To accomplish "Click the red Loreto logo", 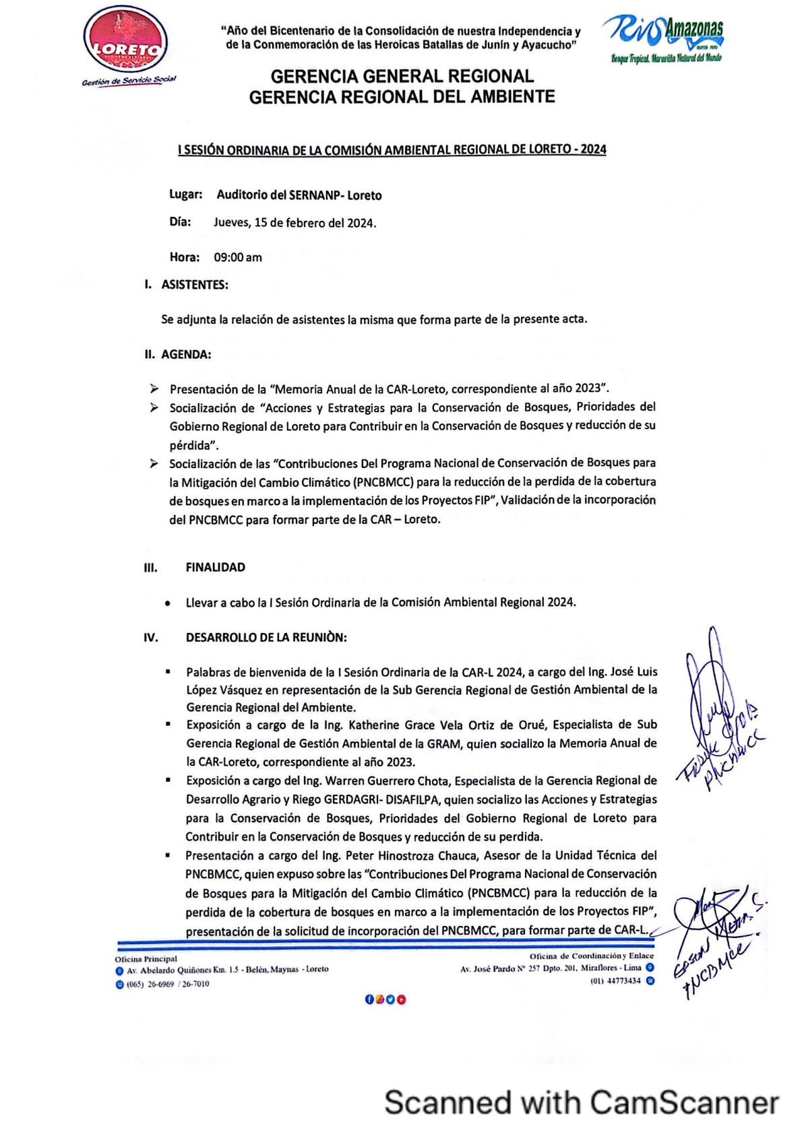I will point(126,44).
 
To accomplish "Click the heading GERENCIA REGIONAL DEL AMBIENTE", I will point(402,97).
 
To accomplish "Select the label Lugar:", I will point(186,195).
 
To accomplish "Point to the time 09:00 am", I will point(238,257).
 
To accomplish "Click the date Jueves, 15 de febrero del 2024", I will point(295,223).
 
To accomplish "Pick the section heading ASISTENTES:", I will point(195,285).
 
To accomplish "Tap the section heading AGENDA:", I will point(186,354).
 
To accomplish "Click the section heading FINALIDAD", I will point(216,567).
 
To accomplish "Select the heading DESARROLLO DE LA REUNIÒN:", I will point(266,637).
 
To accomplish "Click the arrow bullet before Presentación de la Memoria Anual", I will point(154,389).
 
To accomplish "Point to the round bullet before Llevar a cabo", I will point(167,603).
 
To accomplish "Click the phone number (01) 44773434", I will point(615,981).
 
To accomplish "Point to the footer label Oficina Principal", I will point(146,959).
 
